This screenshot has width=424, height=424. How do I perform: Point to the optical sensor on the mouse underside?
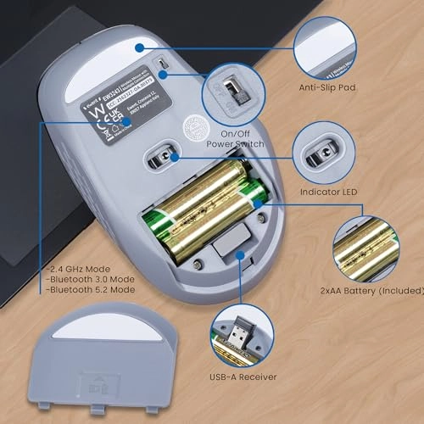(x=164, y=153)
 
